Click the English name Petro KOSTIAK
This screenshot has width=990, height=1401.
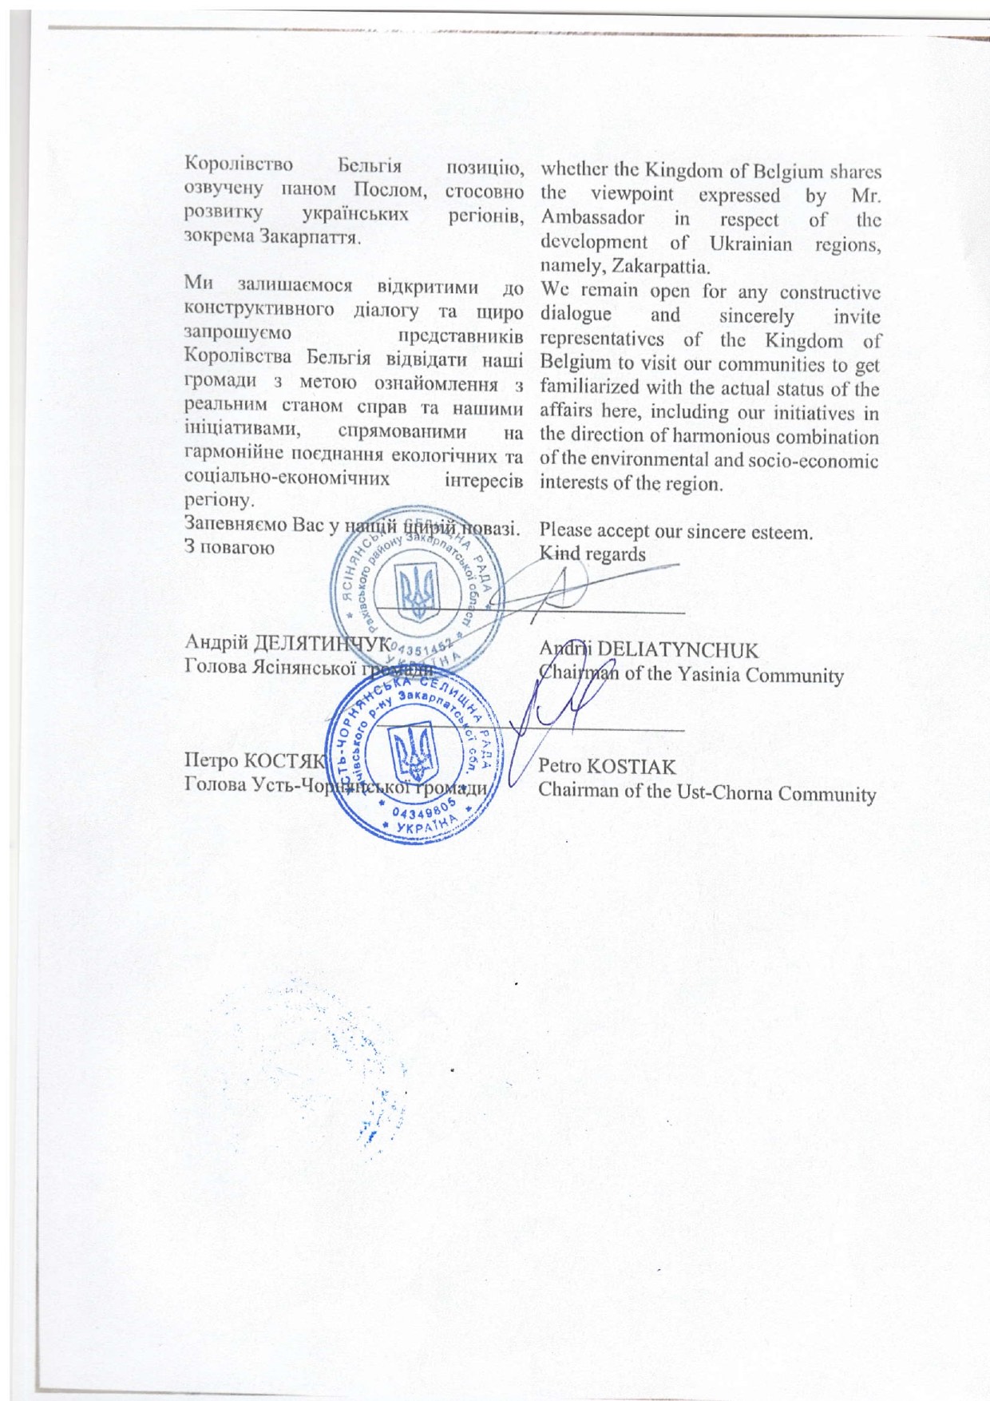click(608, 767)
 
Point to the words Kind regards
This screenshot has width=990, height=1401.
click(592, 553)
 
